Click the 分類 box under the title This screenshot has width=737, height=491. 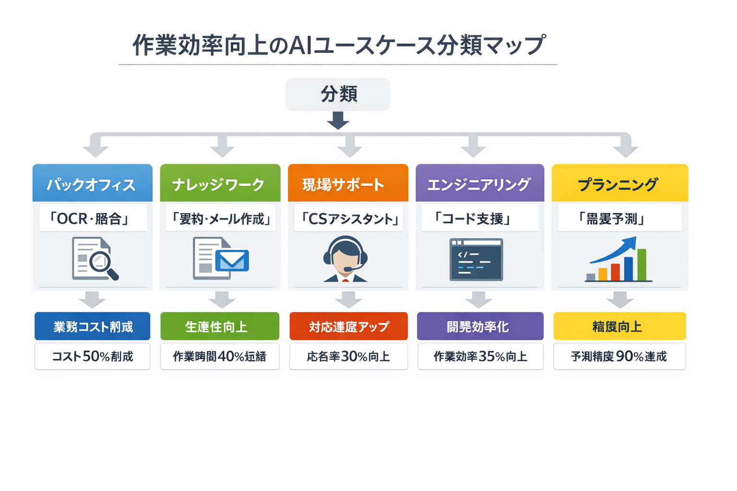click(x=338, y=94)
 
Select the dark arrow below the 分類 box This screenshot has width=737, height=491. click(x=338, y=120)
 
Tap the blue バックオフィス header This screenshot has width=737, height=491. click(x=92, y=184)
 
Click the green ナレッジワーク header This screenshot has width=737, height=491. click(x=220, y=184)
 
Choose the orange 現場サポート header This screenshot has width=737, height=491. click(x=348, y=184)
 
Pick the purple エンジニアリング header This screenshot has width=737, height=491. click(x=479, y=184)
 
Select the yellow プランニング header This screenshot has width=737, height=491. click(x=619, y=184)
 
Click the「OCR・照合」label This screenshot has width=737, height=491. click(x=93, y=219)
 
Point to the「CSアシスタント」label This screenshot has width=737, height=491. click(x=348, y=219)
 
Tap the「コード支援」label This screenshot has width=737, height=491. click(x=479, y=219)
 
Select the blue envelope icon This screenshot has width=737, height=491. click(x=232, y=261)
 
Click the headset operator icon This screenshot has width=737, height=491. click(x=345, y=259)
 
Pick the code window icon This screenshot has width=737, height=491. click(x=476, y=259)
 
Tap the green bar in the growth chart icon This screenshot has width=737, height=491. click(x=642, y=265)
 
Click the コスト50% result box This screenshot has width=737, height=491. click(x=92, y=356)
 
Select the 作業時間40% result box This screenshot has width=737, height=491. click(x=220, y=356)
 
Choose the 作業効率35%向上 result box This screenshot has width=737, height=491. click(x=480, y=356)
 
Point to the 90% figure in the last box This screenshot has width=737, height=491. click(x=630, y=356)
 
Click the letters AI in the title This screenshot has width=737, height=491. click(x=299, y=46)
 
